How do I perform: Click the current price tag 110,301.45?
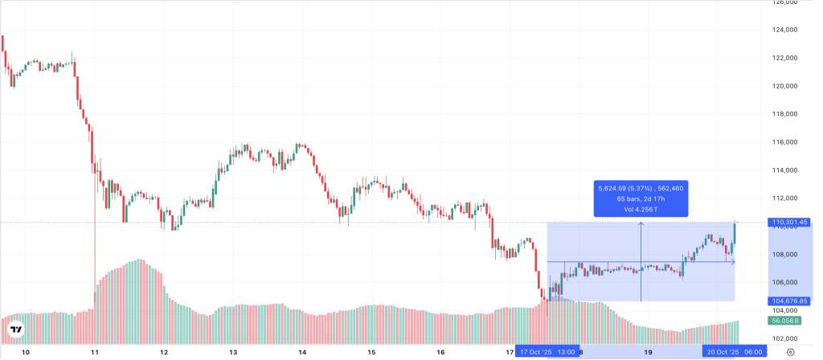(788, 222)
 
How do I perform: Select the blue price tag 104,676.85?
(788, 301)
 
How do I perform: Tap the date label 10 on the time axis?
(26, 352)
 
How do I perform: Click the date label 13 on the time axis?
(233, 352)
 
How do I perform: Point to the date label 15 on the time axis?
(371, 352)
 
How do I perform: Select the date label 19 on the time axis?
(648, 352)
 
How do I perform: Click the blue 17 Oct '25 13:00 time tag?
(547, 352)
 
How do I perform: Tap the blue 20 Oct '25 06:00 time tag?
(734, 352)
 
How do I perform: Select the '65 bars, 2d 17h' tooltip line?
(641, 198)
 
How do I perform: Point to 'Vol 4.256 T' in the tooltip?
(641, 209)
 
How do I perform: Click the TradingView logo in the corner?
(15, 329)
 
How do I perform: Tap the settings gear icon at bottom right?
(791, 352)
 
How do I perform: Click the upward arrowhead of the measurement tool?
(641, 224)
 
